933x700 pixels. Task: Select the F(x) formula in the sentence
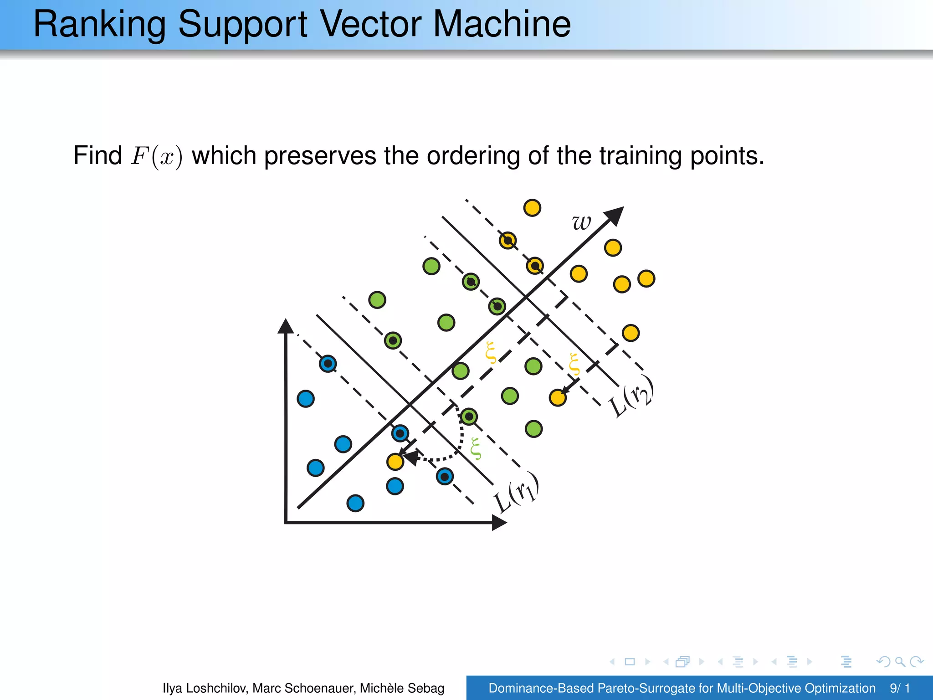[157, 156]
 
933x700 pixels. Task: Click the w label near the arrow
[581, 222]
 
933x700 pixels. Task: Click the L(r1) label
[517, 493]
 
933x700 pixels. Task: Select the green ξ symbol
[475, 449]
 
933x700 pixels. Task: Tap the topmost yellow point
[532, 208]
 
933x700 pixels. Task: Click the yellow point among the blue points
[395, 462]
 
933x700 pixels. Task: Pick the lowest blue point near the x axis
[355, 503]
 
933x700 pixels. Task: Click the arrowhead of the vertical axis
[285, 326]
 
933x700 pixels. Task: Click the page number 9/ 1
[900, 688]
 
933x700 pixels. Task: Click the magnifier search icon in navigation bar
[900, 661]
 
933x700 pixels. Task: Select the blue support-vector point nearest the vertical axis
[328, 364]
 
